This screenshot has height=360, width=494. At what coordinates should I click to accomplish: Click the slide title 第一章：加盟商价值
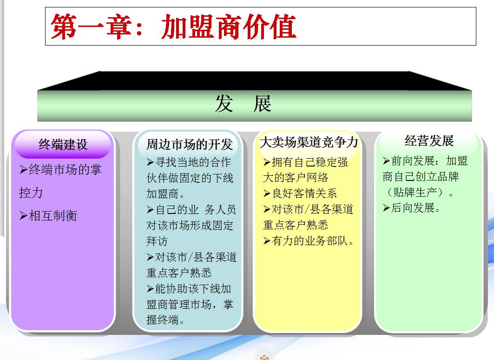tap(173, 27)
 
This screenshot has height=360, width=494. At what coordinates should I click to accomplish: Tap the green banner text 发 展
tap(243, 104)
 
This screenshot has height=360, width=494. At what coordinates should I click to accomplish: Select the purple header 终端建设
tap(63, 145)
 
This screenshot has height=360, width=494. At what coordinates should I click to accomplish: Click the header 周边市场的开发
tap(189, 145)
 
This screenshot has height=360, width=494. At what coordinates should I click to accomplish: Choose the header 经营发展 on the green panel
tap(428, 141)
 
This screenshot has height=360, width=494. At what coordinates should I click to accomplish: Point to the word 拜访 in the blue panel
tap(157, 241)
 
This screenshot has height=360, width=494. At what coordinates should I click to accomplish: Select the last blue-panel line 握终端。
tap(167, 320)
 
